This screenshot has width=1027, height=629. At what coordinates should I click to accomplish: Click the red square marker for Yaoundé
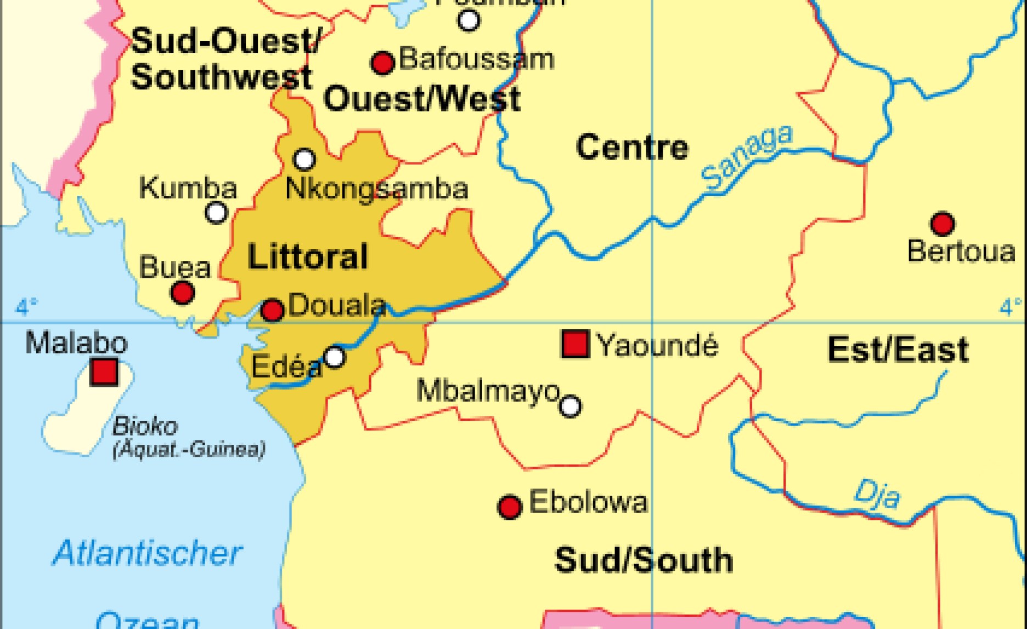click(x=575, y=344)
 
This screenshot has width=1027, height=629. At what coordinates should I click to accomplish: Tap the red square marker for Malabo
click(x=104, y=372)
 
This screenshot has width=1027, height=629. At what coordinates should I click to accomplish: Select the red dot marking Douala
click(x=272, y=310)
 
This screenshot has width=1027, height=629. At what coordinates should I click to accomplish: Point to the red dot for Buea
click(x=183, y=293)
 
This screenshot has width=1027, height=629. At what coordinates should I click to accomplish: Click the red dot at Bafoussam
click(x=383, y=63)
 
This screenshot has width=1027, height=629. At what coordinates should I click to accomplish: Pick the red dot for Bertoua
click(x=943, y=223)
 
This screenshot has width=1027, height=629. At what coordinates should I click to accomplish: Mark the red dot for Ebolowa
click(x=509, y=507)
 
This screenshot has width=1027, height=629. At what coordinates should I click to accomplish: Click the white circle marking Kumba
click(x=216, y=212)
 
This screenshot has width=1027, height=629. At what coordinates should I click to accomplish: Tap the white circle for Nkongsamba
click(x=304, y=159)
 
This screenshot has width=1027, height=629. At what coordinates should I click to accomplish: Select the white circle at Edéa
click(x=335, y=357)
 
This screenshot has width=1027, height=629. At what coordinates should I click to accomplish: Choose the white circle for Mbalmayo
click(x=570, y=406)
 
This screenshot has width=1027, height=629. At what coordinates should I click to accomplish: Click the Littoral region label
click(x=307, y=257)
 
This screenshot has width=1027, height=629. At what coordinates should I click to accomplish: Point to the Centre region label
click(x=632, y=147)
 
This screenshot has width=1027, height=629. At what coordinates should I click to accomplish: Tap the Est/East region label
click(x=898, y=350)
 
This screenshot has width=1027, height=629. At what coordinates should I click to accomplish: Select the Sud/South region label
click(x=644, y=560)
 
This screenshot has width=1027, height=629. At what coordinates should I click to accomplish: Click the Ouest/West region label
click(x=422, y=99)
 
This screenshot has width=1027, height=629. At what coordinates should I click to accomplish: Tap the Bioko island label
click(x=145, y=426)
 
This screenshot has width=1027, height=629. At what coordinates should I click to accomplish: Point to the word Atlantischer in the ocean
click(x=147, y=553)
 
